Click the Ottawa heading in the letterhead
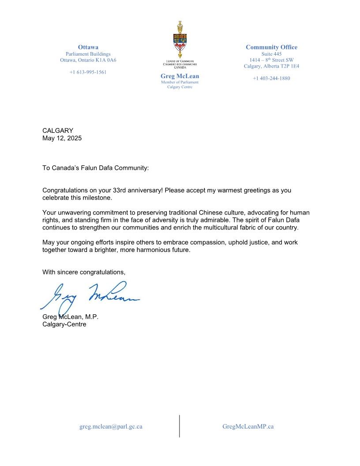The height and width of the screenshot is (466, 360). [x=88, y=47]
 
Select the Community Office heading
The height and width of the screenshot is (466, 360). [x=271, y=47]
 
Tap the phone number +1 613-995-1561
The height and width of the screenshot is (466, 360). [x=88, y=72]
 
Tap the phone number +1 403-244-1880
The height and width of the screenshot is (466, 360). [x=271, y=79]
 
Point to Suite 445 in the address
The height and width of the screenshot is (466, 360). [x=271, y=54]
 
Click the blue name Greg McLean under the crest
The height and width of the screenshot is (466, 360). [x=180, y=76]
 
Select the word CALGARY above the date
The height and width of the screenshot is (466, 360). [x=58, y=131]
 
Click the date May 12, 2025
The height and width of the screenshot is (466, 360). [x=62, y=138]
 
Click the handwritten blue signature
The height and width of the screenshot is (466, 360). [x=90, y=297]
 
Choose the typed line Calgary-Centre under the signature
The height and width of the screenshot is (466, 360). [x=64, y=324]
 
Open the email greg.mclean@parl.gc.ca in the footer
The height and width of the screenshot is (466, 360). [x=111, y=427]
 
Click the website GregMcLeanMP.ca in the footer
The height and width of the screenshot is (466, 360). [x=248, y=427]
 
